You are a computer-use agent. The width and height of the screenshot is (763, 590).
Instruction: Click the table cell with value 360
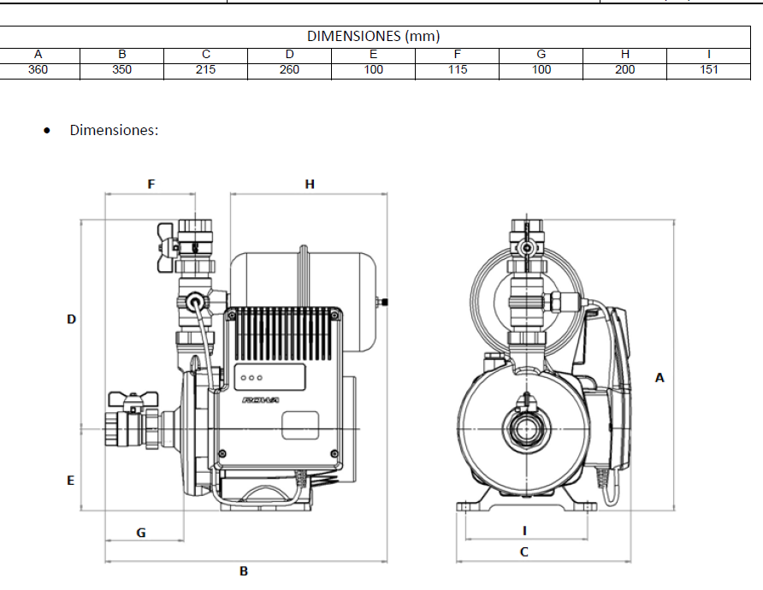pos(38,70)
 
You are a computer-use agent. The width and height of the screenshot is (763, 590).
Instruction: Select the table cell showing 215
pos(205,70)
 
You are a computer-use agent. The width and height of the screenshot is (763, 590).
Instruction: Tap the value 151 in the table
pos(708,70)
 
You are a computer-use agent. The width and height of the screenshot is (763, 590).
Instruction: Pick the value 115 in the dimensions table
pos(458,70)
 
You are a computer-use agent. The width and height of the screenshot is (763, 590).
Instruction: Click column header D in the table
pos(289,54)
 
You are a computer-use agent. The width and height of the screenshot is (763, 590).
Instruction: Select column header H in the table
pos(625,54)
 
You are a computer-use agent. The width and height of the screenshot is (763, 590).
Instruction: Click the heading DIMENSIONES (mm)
pos(373,36)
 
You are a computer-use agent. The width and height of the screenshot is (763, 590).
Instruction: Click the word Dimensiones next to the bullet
pos(114,131)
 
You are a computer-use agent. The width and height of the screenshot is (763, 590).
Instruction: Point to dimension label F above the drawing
pos(151,184)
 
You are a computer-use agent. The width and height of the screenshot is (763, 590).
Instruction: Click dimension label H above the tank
pos(310,184)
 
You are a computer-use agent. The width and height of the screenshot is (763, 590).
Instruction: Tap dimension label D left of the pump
pos(72,319)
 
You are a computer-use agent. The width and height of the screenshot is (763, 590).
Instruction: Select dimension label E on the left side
pos(71,481)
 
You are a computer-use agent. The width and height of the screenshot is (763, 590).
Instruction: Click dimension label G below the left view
pos(141,533)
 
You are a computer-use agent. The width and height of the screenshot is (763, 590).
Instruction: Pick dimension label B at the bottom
pos(244,570)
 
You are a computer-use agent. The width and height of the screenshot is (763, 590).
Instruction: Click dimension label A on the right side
pos(659,377)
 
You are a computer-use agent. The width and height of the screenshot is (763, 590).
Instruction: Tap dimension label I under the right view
pos(524,530)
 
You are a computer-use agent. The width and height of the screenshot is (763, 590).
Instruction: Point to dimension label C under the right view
pos(524,552)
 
